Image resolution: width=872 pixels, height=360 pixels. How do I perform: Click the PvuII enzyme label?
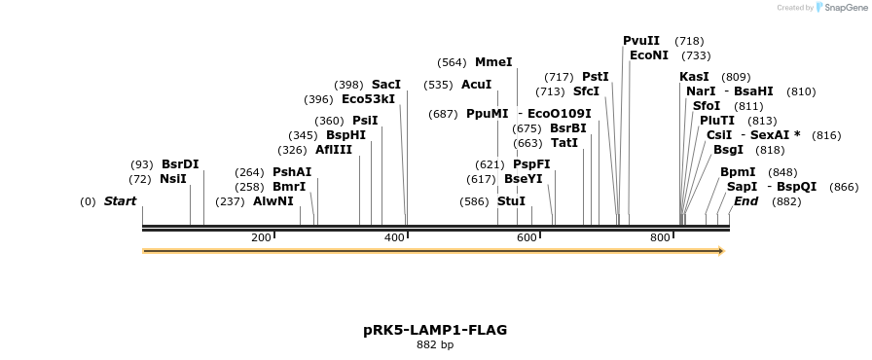[641, 41]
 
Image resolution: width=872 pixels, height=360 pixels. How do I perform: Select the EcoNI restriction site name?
[649, 55]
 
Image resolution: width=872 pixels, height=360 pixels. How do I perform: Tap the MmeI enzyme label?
[493, 62]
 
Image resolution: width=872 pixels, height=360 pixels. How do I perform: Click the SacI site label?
[386, 85]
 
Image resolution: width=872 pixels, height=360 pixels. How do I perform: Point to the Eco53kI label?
[369, 99]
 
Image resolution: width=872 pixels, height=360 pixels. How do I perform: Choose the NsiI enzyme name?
[172, 179]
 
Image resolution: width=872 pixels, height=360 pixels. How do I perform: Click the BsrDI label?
[180, 164]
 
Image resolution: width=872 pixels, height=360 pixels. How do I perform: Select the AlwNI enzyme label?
[272, 201]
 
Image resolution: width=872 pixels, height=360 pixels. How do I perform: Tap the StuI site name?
[511, 201]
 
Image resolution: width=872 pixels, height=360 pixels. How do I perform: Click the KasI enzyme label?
[694, 77]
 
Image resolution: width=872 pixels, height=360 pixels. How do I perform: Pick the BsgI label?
[728, 150]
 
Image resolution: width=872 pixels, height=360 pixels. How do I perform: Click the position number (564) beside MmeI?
[453, 62]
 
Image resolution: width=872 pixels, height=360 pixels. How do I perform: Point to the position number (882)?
[786, 201]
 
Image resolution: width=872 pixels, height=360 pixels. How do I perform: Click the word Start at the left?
[121, 201]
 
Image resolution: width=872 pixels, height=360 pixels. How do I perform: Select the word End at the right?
[745, 201]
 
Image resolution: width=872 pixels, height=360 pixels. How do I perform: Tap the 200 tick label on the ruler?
[261, 238]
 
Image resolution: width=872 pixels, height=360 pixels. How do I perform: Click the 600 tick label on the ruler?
[527, 238]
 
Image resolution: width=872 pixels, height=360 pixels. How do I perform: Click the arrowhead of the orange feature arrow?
[721, 251]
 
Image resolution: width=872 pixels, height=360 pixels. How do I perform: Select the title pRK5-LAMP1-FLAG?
[435, 330]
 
